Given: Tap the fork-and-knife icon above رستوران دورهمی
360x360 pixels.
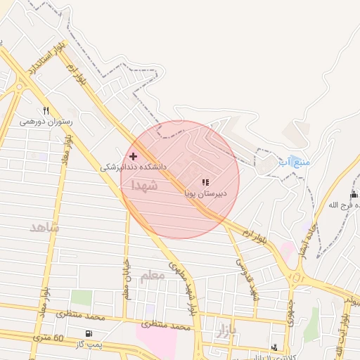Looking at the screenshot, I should [46, 110].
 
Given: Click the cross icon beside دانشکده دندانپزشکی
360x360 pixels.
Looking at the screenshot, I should [133, 155].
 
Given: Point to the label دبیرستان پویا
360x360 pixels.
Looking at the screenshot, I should [205, 191].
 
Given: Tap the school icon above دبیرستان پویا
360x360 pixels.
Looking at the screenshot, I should [205, 181].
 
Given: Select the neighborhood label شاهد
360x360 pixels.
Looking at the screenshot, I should [45, 228].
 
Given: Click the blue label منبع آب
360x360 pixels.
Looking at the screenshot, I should [293, 162].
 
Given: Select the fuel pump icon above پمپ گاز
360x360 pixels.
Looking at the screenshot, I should [88, 333].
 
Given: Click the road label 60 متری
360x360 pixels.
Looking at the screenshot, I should [48, 340].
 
